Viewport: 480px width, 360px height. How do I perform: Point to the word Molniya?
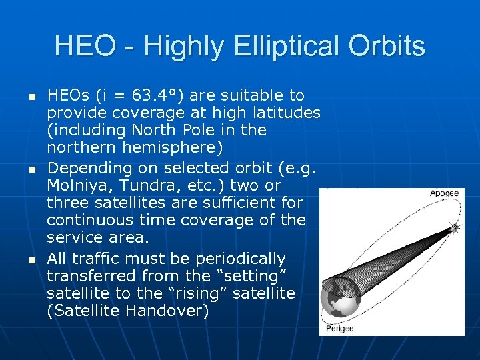(x=78, y=185)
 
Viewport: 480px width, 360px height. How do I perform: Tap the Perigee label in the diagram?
(x=340, y=328)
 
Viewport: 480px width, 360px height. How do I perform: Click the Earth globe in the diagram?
(x=340, y=299)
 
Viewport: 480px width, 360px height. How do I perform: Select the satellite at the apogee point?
(x=455, y=228)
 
